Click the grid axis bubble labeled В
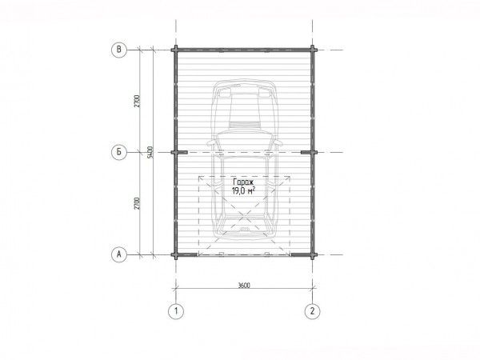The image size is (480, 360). (118, 50)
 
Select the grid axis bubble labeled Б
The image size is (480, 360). (118, 152)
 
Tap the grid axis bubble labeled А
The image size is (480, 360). (118, 254)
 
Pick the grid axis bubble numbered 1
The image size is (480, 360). (176, 311)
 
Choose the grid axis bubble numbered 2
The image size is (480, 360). (312, 311)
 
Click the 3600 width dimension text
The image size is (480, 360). (244, 286)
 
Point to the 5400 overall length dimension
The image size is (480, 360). (150, 152)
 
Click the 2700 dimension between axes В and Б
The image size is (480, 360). (137, 101)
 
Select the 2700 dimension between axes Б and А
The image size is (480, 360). (137, 203)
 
